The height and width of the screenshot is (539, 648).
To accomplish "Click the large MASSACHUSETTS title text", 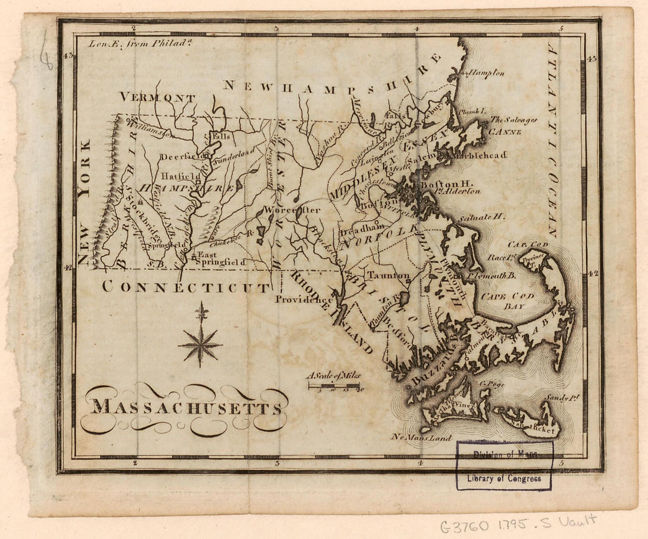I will click(186, 408).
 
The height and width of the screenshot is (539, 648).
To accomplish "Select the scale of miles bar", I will click(333, 386).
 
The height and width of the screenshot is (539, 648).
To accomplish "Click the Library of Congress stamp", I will click(504, 465).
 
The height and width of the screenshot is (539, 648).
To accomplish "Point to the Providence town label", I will click(304, 299).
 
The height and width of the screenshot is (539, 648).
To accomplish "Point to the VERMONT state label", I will click(157, 98).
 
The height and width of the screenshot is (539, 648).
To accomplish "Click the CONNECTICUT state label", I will click(186, 287).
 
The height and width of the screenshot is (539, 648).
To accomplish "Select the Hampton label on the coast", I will click(486, 73).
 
